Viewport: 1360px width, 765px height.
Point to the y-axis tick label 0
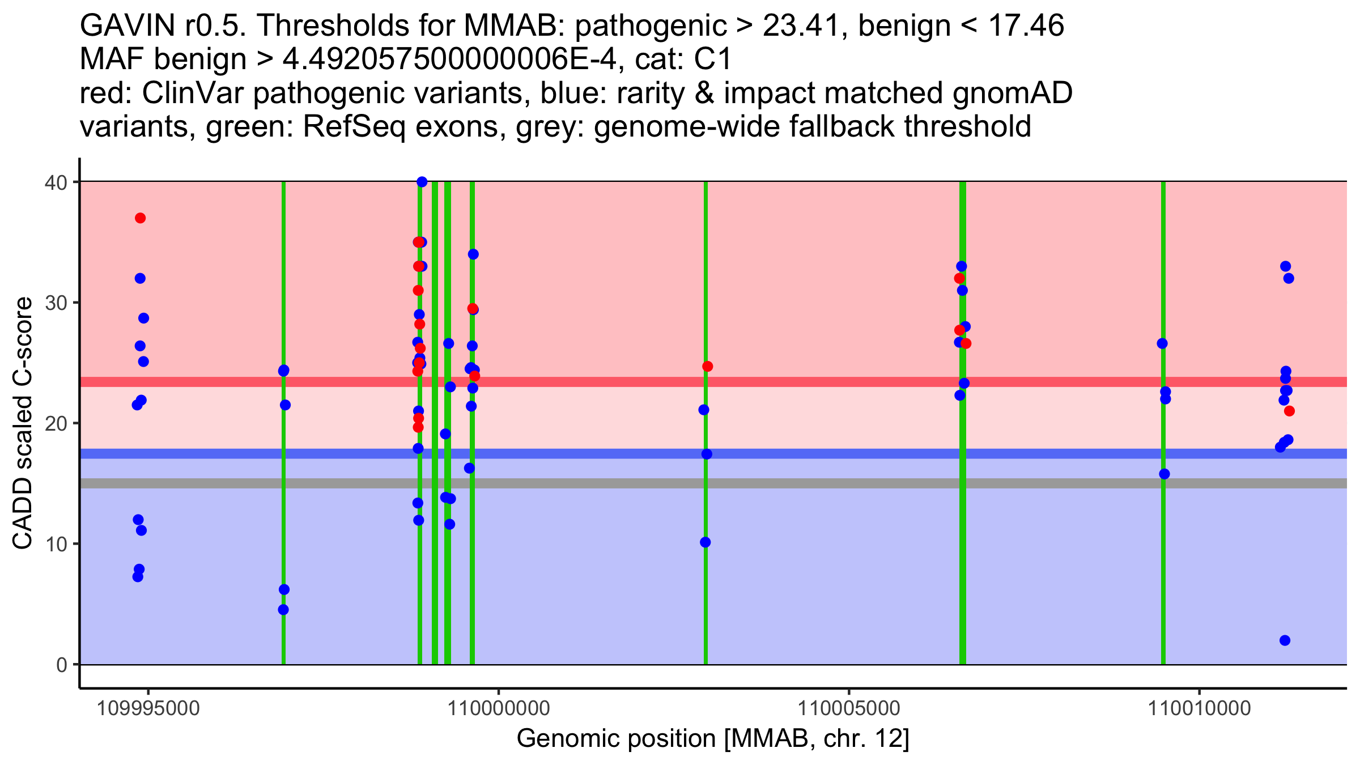pos(61,665)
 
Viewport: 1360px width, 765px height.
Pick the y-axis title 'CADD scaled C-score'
pos(23,423)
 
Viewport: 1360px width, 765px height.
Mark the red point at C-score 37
pos(141,218)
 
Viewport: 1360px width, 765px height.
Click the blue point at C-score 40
pos(422,182)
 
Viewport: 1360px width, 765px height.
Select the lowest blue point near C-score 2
pos(1285,640)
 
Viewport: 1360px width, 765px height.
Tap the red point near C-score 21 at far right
pos(1289,411)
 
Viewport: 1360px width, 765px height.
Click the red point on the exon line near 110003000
pos(708,367)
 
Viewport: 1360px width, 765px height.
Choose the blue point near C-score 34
pos(473,254)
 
